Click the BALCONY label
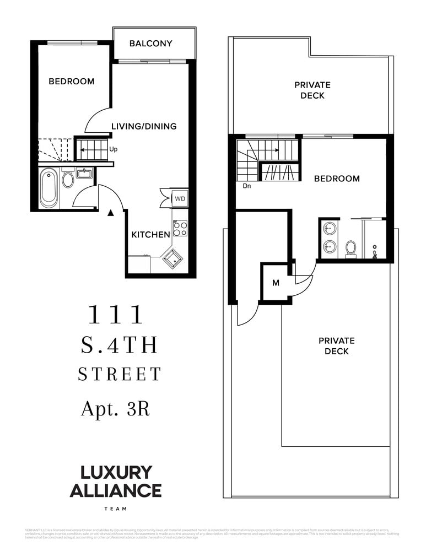(x=150, y=44)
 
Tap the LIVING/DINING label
(x=144, y=126)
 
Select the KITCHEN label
(x=150, y=235)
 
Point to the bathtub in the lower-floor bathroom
(x=48, y=187)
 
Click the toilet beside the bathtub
(x=68, y=180)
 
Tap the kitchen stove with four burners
(x=180, y=228)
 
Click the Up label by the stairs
(x=114, y=149)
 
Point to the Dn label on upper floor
(x=247, y=186)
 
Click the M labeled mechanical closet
(x=276, y=283)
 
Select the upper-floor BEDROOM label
(x=337, y=179)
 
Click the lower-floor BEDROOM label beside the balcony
(x=71, y=82)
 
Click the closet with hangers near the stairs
(x=279, y=172)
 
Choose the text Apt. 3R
(x=115, y=408)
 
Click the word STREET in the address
(x=119, y=374)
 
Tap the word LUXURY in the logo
(x=116, y=472)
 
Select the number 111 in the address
(x=116, y=315)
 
